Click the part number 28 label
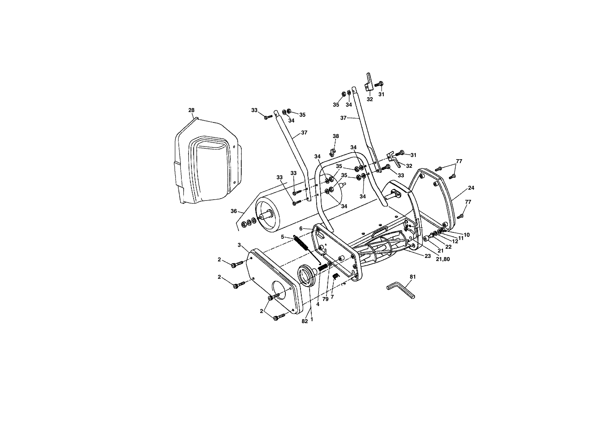[191, 110]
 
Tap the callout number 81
[413, 277]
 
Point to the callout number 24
[471, 188]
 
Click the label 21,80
[443, 259]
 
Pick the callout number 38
[336, 136]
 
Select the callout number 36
[234, 211]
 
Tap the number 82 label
[305, 321]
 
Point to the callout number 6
[301, 229]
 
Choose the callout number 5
[283, 237]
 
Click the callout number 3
[239, 245]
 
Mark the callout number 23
[428, 256]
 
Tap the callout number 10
[466, 235]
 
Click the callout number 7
[332, 297]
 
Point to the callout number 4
[318, 304]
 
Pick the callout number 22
[448, 247]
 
